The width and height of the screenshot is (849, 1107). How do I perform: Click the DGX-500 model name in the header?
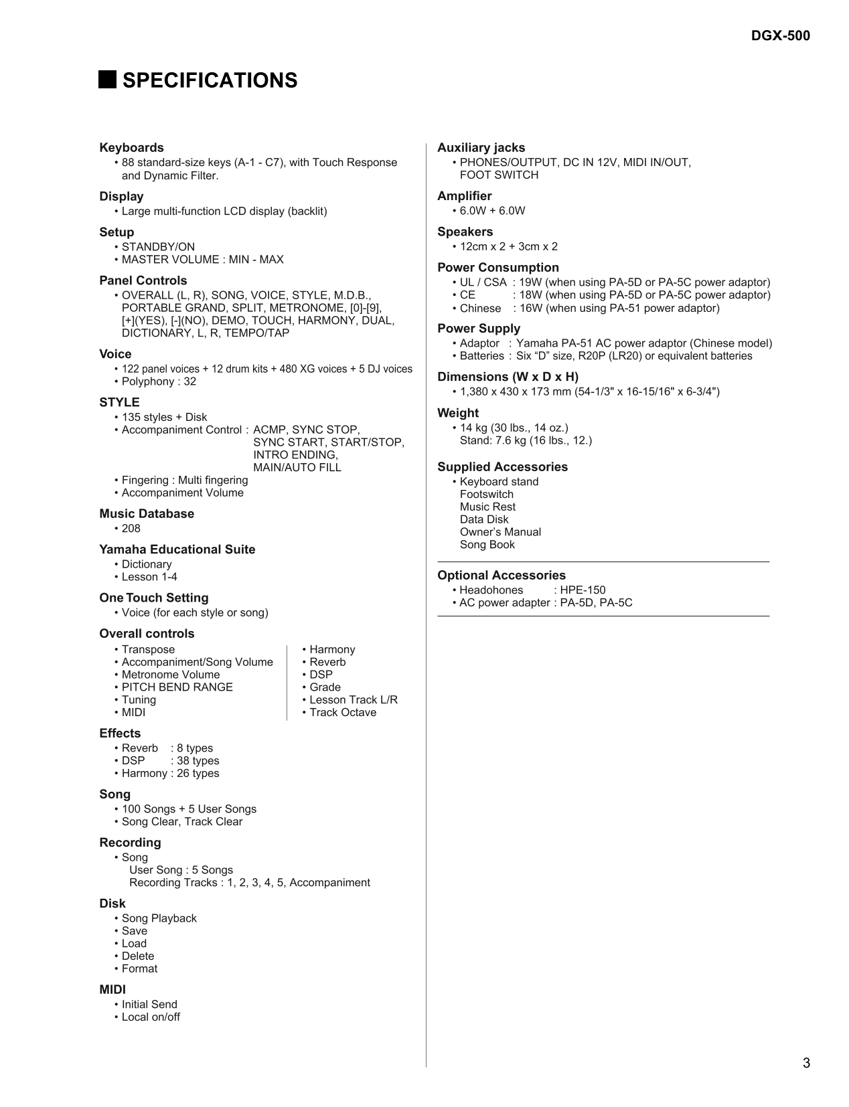(x=780, y=35)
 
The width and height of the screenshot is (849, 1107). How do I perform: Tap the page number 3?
(x=806, y=1063)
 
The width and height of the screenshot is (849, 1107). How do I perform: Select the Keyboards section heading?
(x=131, y=147)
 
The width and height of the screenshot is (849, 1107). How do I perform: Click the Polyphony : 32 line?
(x=159, y=381)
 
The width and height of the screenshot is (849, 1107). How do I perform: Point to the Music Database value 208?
(x=131, y=529)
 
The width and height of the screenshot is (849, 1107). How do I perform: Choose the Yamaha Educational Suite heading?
(x=177, y=549)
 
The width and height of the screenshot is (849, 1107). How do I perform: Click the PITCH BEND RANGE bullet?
(x=177, y=687)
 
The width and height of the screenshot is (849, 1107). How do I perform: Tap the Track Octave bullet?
(x=342, y=713)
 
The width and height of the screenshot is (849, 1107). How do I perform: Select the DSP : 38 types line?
(x=170, y=761)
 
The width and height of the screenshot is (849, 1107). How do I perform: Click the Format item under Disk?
(x=139, y=968)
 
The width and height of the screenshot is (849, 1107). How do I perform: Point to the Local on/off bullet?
(x=151, y=1017)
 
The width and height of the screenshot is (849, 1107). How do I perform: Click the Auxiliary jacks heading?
(x=481, y=147)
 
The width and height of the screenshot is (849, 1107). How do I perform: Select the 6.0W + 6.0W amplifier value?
(x=492, y=211)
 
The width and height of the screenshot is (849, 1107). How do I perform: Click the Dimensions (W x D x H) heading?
(x=508, y=377)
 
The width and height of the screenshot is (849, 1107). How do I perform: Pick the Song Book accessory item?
(x=487, y=545)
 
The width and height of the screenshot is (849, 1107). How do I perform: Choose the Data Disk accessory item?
(x=483, y=519)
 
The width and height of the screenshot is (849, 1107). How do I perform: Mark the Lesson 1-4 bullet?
(x=149, y=577)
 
